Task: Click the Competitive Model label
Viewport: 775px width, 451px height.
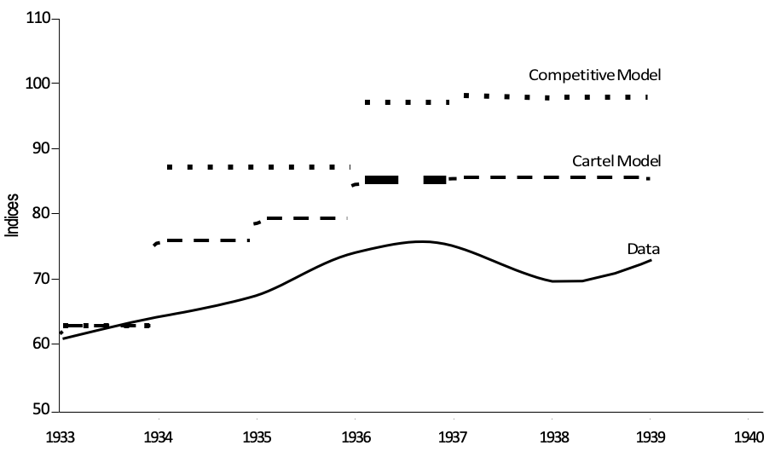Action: [x=595, y=75]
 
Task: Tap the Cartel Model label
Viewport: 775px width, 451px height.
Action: [x=616, y=160]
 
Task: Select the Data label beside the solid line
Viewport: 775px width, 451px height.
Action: [x=645, y=249]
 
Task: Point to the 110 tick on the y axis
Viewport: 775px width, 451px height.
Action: [x=38, y=19]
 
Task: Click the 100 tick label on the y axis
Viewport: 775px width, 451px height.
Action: [x=38, y=84]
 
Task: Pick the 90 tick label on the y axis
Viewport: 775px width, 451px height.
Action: [x=40, y=148]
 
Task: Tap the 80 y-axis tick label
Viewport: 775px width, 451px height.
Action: [x=40, y=213]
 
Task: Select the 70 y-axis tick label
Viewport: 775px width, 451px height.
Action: [x=40, y=279]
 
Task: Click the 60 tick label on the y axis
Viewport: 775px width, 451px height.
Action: [x=40, y=344]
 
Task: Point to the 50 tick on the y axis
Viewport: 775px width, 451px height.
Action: [x=40, y=409]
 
